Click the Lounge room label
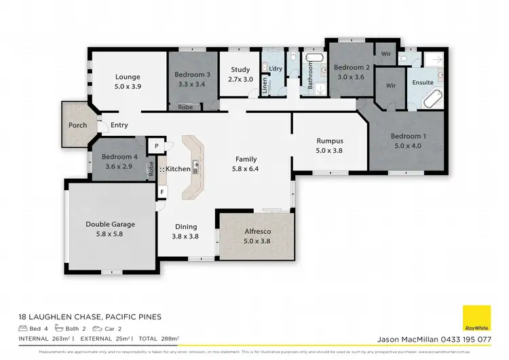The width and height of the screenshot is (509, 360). (x=127, y=77)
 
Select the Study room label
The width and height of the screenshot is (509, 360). (x=240, y=69)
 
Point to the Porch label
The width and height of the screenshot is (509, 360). (x=78, y=126)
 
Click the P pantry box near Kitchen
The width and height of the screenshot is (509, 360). (x=155, y=145)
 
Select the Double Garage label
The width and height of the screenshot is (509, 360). (x=110, y=224)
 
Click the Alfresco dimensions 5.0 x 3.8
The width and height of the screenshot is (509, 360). (x=257, y=240)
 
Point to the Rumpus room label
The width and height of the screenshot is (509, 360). (x=330, y=141)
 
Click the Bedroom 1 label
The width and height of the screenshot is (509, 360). (x=406, y=136)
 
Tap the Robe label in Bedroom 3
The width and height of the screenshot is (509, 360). (x=185, y=107)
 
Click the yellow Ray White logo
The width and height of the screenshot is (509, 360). (x=476, y=319)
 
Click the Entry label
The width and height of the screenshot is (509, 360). (x=119, y=125)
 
